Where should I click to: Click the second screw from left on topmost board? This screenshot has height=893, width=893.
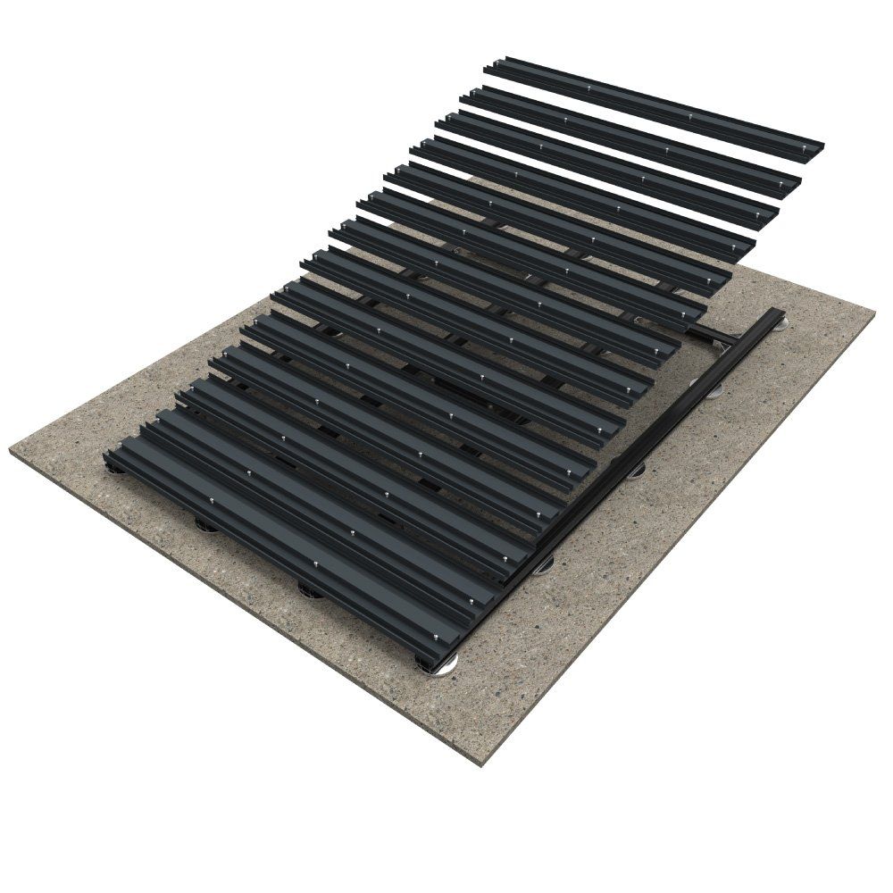click(693, 115)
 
